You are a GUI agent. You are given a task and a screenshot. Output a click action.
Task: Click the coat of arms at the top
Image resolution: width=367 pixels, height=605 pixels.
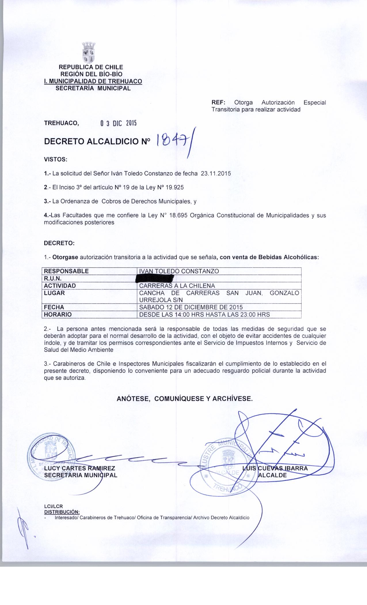pyautogui.click(x=88, y=53)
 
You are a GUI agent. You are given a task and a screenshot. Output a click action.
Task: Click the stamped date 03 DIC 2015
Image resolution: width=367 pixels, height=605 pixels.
pyautogui.click(x=118, y=124)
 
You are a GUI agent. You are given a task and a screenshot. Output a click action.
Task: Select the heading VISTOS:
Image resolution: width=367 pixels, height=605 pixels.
pyautogui.click(x=55, y=159)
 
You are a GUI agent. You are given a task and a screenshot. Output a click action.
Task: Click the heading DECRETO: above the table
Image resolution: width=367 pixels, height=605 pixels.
pyautogui.click(x=59, y=243)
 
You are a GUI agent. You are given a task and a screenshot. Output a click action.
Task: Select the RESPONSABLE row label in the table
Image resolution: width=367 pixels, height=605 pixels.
pyautogui.click(x=66, y=271)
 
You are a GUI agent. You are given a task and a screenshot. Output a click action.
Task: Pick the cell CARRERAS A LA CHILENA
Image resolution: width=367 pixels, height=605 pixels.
pyautogui.click(x=177, y=286)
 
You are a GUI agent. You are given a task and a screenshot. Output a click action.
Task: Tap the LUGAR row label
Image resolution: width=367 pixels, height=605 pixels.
pyautogui.click(x=54, y=293)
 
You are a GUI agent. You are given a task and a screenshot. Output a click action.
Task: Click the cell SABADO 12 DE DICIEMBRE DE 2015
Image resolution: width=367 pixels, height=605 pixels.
pyautogui.click(x=191, y=307)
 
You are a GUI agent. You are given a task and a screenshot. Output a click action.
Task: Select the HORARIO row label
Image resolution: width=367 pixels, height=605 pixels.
pyautogui.click(x=58, y=315)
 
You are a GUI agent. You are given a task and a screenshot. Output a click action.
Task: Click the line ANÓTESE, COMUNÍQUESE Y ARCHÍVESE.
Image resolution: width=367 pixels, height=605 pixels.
pyautogui.click(x=185, y=399)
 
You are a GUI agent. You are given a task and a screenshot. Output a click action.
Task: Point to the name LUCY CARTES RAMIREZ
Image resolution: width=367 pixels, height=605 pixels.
pyautogui.click(x=80, y=468)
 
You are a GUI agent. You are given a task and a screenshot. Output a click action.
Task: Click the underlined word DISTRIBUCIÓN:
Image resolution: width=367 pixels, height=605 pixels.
pyautogui.click(x=62, y=512)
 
